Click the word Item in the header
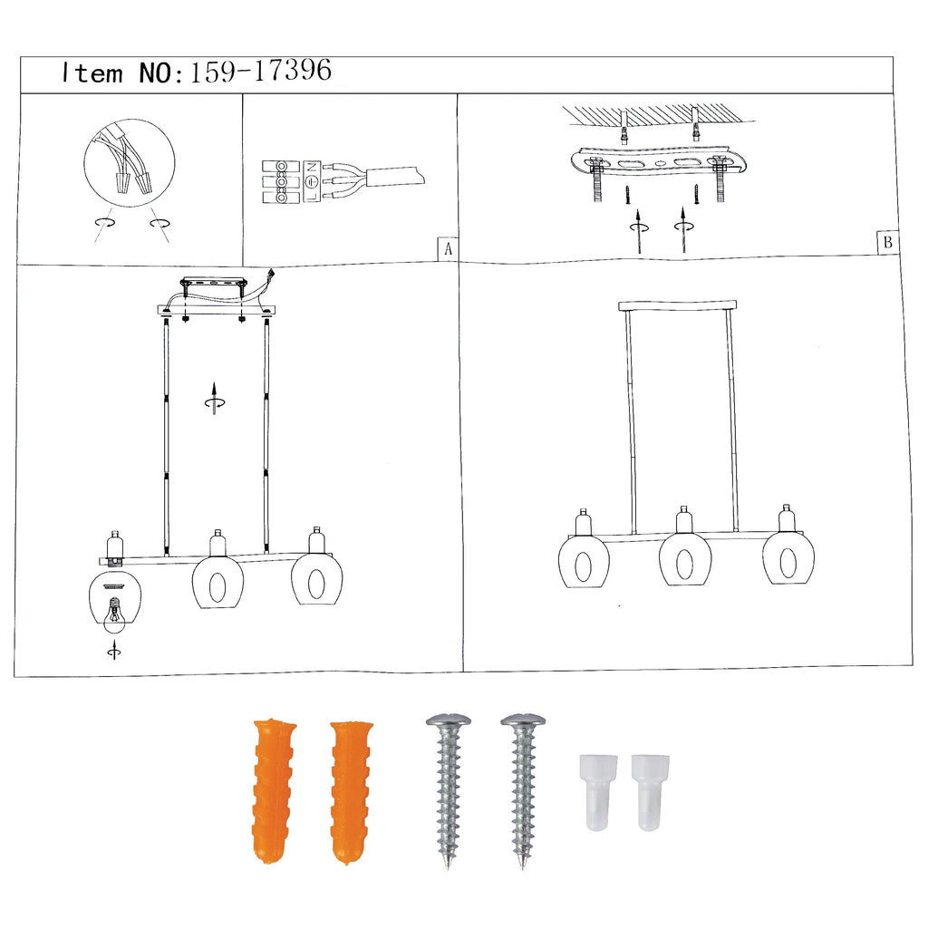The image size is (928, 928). [x=92, y=72]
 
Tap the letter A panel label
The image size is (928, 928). [x=448, y=249]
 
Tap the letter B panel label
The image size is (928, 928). [x=887, y=242]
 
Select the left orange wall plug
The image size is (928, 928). [x=274, y=791]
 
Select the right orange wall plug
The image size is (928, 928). [x=351, y=793]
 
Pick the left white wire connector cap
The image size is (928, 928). [x=598, y=792]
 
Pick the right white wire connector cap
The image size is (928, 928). [x=650, y=792]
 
